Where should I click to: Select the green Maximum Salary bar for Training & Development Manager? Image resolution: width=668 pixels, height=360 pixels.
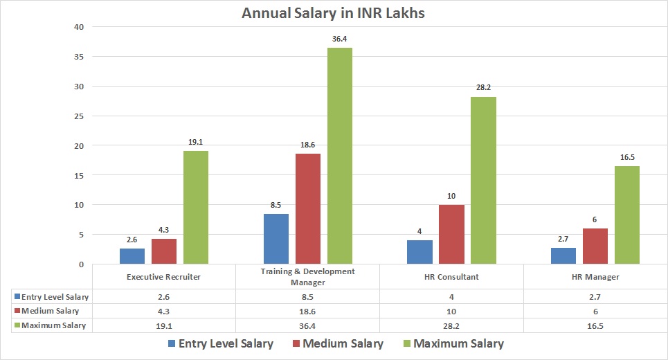tap(340, 156)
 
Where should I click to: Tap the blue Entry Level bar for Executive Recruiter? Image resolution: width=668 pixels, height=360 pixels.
tap(132, 256)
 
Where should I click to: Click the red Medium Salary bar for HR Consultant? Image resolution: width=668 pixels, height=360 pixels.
tap(451, 235)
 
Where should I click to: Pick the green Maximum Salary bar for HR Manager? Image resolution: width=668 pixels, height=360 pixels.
tap(627, 215)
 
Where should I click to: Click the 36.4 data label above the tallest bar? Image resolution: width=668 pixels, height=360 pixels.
tap(340, 39)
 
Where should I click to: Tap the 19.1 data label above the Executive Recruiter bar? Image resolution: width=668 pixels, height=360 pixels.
tap(196, 142)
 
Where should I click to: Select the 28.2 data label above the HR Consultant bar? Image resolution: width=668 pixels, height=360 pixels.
tap(483, 88)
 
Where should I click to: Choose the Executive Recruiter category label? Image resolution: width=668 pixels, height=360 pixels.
tap(164, 277)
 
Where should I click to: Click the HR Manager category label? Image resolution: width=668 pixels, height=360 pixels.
tap(595, 277)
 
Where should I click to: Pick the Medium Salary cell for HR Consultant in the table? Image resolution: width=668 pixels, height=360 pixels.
tap(451, 311)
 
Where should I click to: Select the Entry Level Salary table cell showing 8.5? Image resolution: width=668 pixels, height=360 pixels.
tap(308, 297)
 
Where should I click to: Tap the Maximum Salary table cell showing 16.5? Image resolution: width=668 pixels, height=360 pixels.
tap(595, 325)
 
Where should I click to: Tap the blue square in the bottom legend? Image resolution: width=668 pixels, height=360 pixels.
tap(171, 343)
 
